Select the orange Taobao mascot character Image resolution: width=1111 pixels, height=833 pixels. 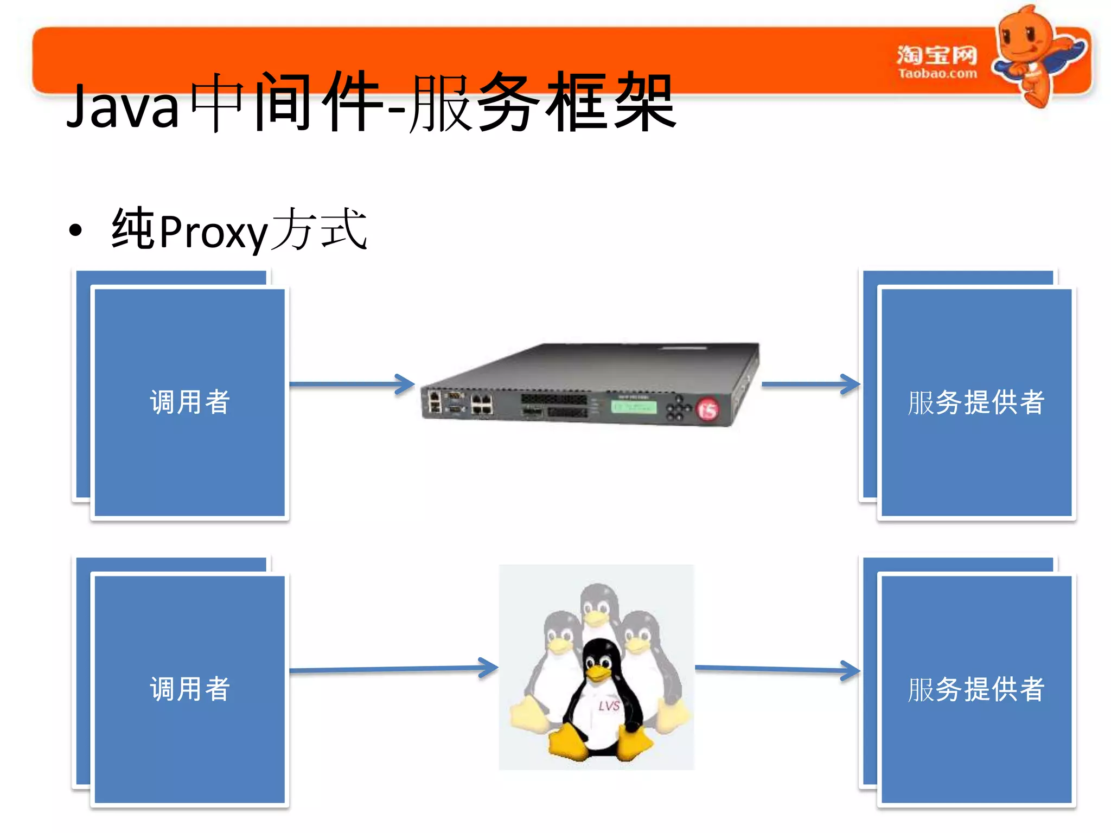[1033, 54]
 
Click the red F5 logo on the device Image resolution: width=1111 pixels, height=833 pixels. [707, 409]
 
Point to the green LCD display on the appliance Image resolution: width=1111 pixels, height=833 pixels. [634, 407]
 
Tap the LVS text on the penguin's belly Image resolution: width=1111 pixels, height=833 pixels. [609, 706]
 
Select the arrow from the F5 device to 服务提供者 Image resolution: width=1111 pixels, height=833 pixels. [810, 385]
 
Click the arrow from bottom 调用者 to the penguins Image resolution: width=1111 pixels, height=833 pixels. [393, 669]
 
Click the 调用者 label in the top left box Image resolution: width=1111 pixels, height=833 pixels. [190, 402]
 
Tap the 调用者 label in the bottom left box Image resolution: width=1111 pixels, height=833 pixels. [190, 689]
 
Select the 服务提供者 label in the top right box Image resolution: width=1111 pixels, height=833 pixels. [976, 402]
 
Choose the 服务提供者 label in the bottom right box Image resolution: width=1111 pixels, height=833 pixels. [976, 689]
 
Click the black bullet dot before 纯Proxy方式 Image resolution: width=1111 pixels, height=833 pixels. [75, 230]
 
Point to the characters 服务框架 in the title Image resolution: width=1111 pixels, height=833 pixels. [542, 103]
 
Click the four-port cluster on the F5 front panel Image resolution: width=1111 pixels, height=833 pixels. [482, 404]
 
